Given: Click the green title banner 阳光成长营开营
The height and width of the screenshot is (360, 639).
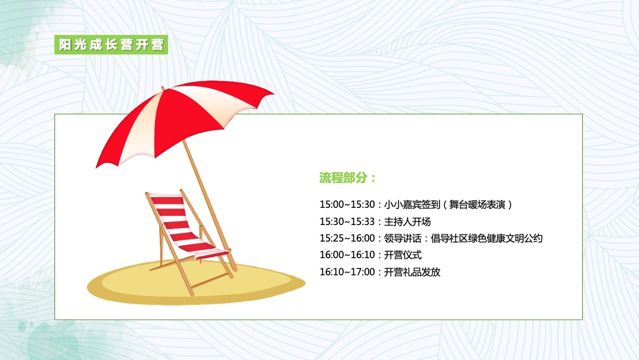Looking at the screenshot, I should click(112, 45).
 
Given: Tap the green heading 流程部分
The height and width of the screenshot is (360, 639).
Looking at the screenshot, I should click(347, 178).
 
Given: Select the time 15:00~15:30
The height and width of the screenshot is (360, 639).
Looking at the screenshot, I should click(347, 205).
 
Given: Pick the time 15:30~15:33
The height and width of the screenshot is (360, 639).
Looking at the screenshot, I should click(347, 222).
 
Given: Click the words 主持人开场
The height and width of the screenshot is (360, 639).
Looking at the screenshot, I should click(407, 222).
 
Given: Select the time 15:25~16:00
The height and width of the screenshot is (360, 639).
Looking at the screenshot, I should click(347, 239).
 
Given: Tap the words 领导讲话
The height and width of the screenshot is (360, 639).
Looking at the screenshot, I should click(402, 239).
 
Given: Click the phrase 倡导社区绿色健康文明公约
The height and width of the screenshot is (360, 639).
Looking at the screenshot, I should click(486, 239).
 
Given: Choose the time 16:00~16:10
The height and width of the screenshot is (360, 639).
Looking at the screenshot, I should click(347, 255).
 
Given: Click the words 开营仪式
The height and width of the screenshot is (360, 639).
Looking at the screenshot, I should click(402, 255).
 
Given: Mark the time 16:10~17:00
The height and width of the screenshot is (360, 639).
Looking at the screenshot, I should click(347, 272).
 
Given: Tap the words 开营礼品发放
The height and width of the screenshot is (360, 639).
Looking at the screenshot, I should click(412, 272).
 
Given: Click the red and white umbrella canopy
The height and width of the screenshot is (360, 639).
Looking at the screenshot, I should click(177, 118).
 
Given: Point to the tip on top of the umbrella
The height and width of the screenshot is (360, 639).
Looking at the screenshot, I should click(163, 89).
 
